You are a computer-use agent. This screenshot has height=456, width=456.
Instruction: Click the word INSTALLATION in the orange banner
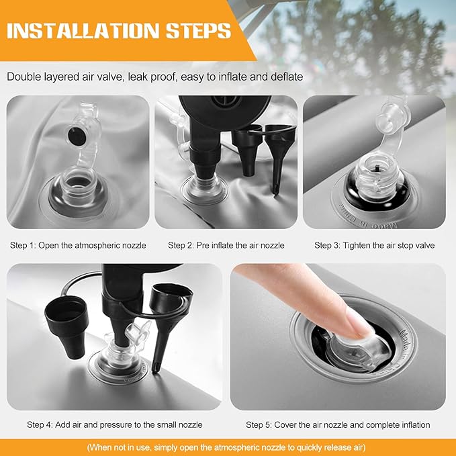click(83, 30)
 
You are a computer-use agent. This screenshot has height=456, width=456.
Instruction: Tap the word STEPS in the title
click(199, 30)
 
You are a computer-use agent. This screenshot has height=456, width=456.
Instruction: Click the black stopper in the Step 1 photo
click(77, 136)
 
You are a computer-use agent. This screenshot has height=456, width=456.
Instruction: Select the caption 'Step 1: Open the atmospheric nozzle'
click(78, 245)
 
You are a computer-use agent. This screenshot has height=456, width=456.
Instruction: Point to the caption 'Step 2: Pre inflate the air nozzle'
click(226, 245)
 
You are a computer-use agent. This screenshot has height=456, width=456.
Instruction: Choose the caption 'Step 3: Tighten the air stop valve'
click(374, 245)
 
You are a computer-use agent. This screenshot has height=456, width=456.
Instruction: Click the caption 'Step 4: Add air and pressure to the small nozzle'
click(115, 424)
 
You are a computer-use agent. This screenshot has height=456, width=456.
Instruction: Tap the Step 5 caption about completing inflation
click(338, 424)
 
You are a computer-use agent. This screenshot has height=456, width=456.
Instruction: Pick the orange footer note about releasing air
click(226, 447)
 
